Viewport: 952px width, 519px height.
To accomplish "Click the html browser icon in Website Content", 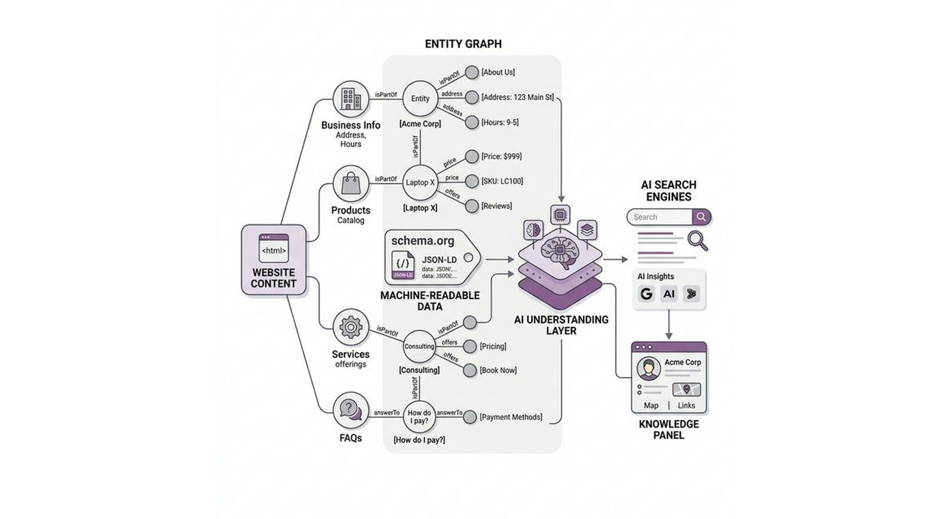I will (273, 248).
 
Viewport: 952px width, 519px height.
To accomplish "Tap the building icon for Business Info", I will (351, 99).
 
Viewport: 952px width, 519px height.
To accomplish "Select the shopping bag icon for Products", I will (351, 183).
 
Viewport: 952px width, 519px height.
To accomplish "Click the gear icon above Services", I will (351, 327).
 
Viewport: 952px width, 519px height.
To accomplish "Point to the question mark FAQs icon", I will (350, 410).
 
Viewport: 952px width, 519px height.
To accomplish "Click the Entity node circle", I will (420, 99).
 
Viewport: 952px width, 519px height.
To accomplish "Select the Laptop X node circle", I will (420, 182).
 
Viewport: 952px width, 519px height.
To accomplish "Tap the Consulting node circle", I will (419, 346).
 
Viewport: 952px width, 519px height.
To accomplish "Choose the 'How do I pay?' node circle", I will (419, 417).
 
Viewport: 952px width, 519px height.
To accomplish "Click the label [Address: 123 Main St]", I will (517, 97).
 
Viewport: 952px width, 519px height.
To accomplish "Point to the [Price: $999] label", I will (501, 156).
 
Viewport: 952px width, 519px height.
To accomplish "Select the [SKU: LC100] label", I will (502, 181).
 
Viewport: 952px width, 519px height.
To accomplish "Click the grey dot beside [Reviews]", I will (472, 206).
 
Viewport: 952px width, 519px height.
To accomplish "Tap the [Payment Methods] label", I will (511, 417).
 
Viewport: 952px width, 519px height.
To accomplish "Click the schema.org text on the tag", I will (423, 241).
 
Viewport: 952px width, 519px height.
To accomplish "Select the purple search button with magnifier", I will (701, 217).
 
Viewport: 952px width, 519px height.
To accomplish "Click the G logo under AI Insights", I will (646, 294).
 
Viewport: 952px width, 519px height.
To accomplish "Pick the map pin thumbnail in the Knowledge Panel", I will (686, 389).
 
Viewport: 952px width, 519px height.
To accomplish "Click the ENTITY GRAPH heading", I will (463, 44).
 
